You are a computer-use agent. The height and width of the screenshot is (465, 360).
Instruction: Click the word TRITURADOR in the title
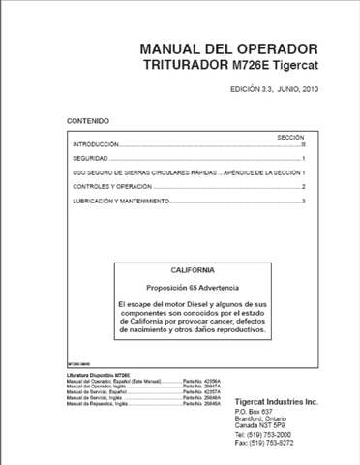[x=184, y=66]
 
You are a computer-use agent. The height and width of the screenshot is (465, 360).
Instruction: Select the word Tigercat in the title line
[x=293, y=66]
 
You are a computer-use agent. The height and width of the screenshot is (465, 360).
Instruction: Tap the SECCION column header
[x=290, y=138]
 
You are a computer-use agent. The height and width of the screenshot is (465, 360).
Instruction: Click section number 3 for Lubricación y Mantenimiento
[x=303, y=201]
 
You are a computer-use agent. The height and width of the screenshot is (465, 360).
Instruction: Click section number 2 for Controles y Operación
[x=303, y=186]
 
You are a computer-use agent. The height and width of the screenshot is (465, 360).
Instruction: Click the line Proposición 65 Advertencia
[x=192, y=287]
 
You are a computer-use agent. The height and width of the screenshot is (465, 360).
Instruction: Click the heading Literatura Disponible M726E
[x=96, y=376]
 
